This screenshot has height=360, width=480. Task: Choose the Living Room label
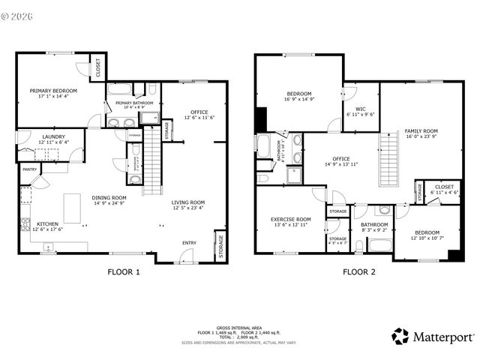[188, 202]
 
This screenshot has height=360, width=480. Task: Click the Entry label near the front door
[189, 242]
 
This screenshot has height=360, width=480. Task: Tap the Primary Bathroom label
[134, 103]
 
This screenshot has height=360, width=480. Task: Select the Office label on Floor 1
[199, 112]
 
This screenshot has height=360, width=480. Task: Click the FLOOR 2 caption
[359, 272]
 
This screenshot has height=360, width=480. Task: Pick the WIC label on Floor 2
[360, 109]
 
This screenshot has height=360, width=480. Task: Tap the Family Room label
[421, 130]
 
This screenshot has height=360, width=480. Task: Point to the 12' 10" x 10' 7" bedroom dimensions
[427, 238]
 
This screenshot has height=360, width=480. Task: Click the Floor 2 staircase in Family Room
[388, 154]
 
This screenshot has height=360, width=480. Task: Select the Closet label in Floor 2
[445, 187]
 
